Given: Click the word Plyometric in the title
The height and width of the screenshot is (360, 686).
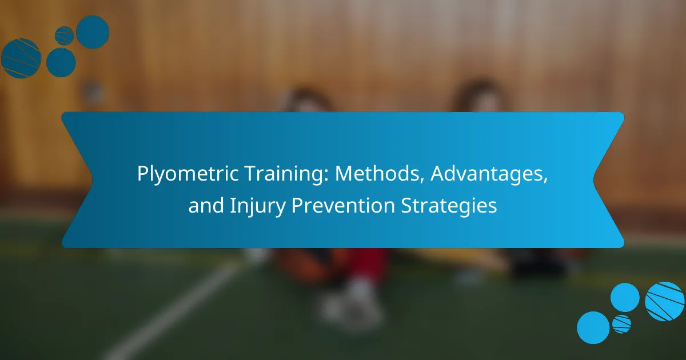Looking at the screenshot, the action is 188,174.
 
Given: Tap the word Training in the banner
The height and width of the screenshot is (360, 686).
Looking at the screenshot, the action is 284,174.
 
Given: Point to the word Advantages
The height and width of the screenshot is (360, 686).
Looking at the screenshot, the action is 489,174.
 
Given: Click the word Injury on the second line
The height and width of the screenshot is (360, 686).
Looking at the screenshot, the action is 257,206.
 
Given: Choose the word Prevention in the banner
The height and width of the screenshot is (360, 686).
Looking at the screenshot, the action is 343,205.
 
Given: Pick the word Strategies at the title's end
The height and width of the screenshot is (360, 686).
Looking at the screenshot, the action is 449,206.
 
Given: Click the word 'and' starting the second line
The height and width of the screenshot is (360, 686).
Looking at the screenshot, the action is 206,205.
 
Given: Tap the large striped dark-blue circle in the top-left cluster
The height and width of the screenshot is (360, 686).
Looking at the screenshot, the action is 21,58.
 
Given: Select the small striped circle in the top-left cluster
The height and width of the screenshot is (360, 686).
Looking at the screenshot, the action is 64,36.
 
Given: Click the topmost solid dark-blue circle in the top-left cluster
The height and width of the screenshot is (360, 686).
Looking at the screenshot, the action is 93,32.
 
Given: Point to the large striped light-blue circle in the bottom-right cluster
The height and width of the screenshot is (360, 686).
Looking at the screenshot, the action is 664,301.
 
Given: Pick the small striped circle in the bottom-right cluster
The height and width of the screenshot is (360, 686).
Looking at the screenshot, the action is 621,324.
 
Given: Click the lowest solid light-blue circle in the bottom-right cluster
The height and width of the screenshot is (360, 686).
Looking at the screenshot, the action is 593,327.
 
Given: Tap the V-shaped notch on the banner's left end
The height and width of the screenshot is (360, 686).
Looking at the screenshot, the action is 92,180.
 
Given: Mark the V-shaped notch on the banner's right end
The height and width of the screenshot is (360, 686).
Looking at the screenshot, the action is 594,180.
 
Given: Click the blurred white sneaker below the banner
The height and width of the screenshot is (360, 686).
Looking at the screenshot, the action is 352,303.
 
